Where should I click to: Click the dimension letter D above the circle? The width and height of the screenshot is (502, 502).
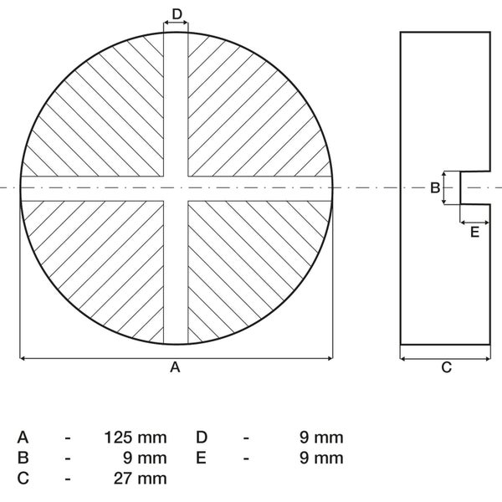click(x=177, y=14)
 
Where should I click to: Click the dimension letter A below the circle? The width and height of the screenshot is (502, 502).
click(x=175, y=367)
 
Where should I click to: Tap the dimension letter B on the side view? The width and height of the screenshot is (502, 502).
click(x=435, y=187)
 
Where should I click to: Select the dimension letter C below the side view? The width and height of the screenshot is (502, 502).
click(x=446, y=367)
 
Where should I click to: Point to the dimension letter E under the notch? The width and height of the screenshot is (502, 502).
click(x=474, y=232)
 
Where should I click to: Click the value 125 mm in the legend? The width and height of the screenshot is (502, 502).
click(x=136, y=438)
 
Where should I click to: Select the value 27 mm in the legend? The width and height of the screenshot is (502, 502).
click(x=141, y=479)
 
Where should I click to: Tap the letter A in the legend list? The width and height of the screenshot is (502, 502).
click(x=23, y=438)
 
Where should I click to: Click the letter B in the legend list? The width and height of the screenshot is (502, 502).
click(x=23, y=458)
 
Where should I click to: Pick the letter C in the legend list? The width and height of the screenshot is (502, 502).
click(x=23, y=479)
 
